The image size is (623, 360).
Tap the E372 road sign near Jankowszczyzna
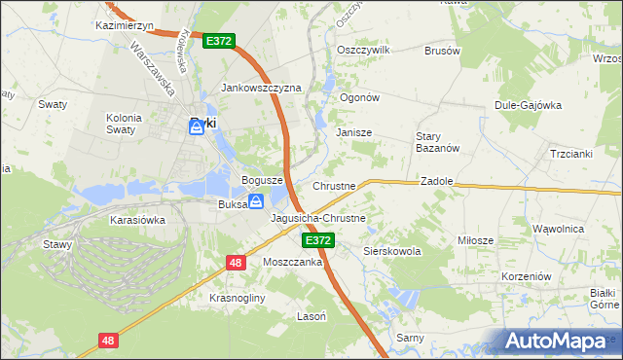click(x=219, y=42)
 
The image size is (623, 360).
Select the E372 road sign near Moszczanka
click(x=317, y=239)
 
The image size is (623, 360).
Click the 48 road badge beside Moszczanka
click(x=236, y=262)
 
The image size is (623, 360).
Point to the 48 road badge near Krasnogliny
click(x=108, y=341)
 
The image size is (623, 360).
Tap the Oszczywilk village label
click(x=362, y=49)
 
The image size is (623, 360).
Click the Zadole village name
click(x=434, y=181)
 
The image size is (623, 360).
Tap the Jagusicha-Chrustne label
click(x=318, y=218)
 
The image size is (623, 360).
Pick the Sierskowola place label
click(x=391, y=251)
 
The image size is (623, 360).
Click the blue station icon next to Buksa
click(x=255, y=201)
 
